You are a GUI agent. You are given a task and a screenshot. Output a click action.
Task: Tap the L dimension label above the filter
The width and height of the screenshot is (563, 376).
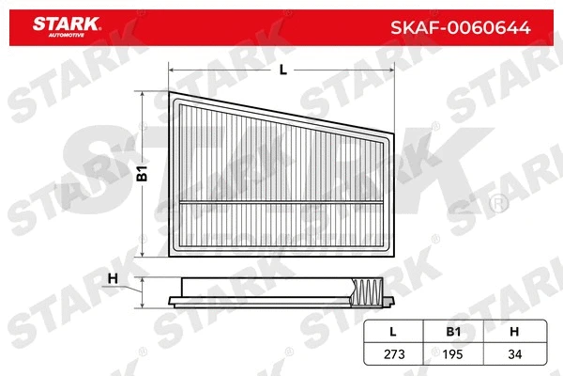[x=282, y=70]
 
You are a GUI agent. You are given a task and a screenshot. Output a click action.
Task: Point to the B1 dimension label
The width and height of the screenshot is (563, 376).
[x=143, y=173]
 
